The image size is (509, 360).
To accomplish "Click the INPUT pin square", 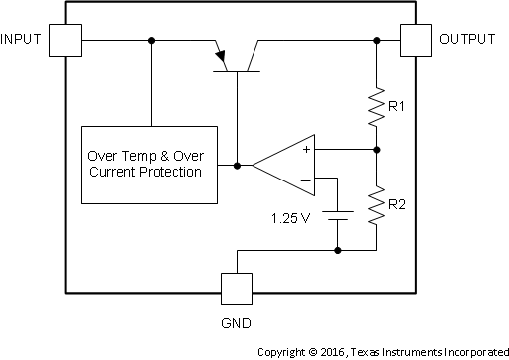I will click(x=66, y=41).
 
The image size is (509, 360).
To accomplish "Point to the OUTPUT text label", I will click(x=467, y=40).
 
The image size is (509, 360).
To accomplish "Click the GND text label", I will click(x=238, y=324).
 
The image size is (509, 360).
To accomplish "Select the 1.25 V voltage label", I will click(x=292, y=216).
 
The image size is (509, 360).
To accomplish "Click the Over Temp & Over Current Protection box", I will click(x=149, y=165).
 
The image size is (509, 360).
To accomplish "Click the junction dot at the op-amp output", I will click(x=238, y=164).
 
